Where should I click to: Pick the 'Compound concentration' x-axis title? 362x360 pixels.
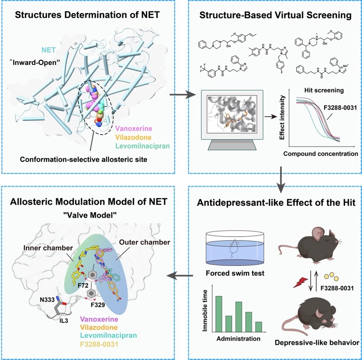pos(321,154)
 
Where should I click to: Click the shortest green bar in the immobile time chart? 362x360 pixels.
pos(259,327)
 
